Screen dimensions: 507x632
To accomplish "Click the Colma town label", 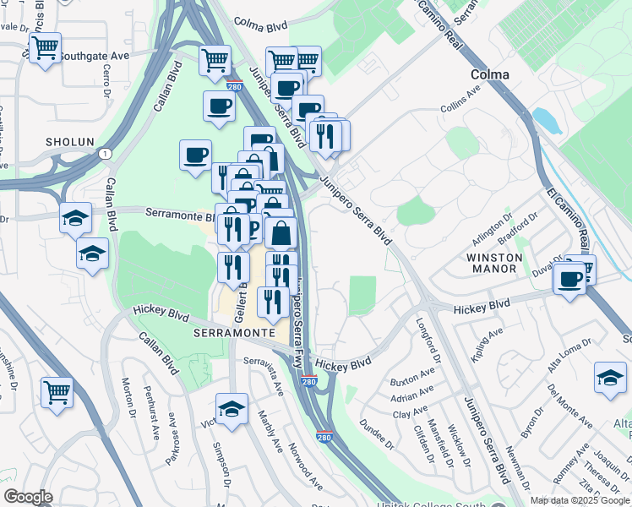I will (490, 74).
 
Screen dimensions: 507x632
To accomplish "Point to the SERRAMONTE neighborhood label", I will (234, 333).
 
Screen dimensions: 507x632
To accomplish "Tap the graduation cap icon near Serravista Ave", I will (231, 408).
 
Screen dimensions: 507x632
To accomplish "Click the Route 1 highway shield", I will (104, 153).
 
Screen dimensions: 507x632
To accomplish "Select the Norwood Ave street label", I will (305, 466).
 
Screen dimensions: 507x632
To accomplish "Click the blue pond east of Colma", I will (546, 121).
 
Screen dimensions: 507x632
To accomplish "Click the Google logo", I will (28, 496).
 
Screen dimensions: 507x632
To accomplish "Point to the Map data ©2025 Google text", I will (579, 500).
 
